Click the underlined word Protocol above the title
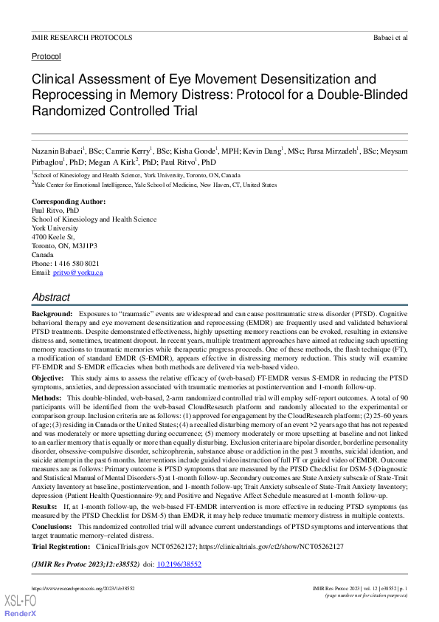pyautogui.click(x=46, y=56)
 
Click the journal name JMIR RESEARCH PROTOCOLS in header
pyautogui.click(x=82, y=36)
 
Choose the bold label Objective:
pyautogui.click(x=48, y=357)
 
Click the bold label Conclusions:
pyautogui.click(x=52, y=527)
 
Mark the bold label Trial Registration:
pyautogui.click(x=61, y=547)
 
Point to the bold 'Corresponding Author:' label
pyautogui.click(x=68, y=202)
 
